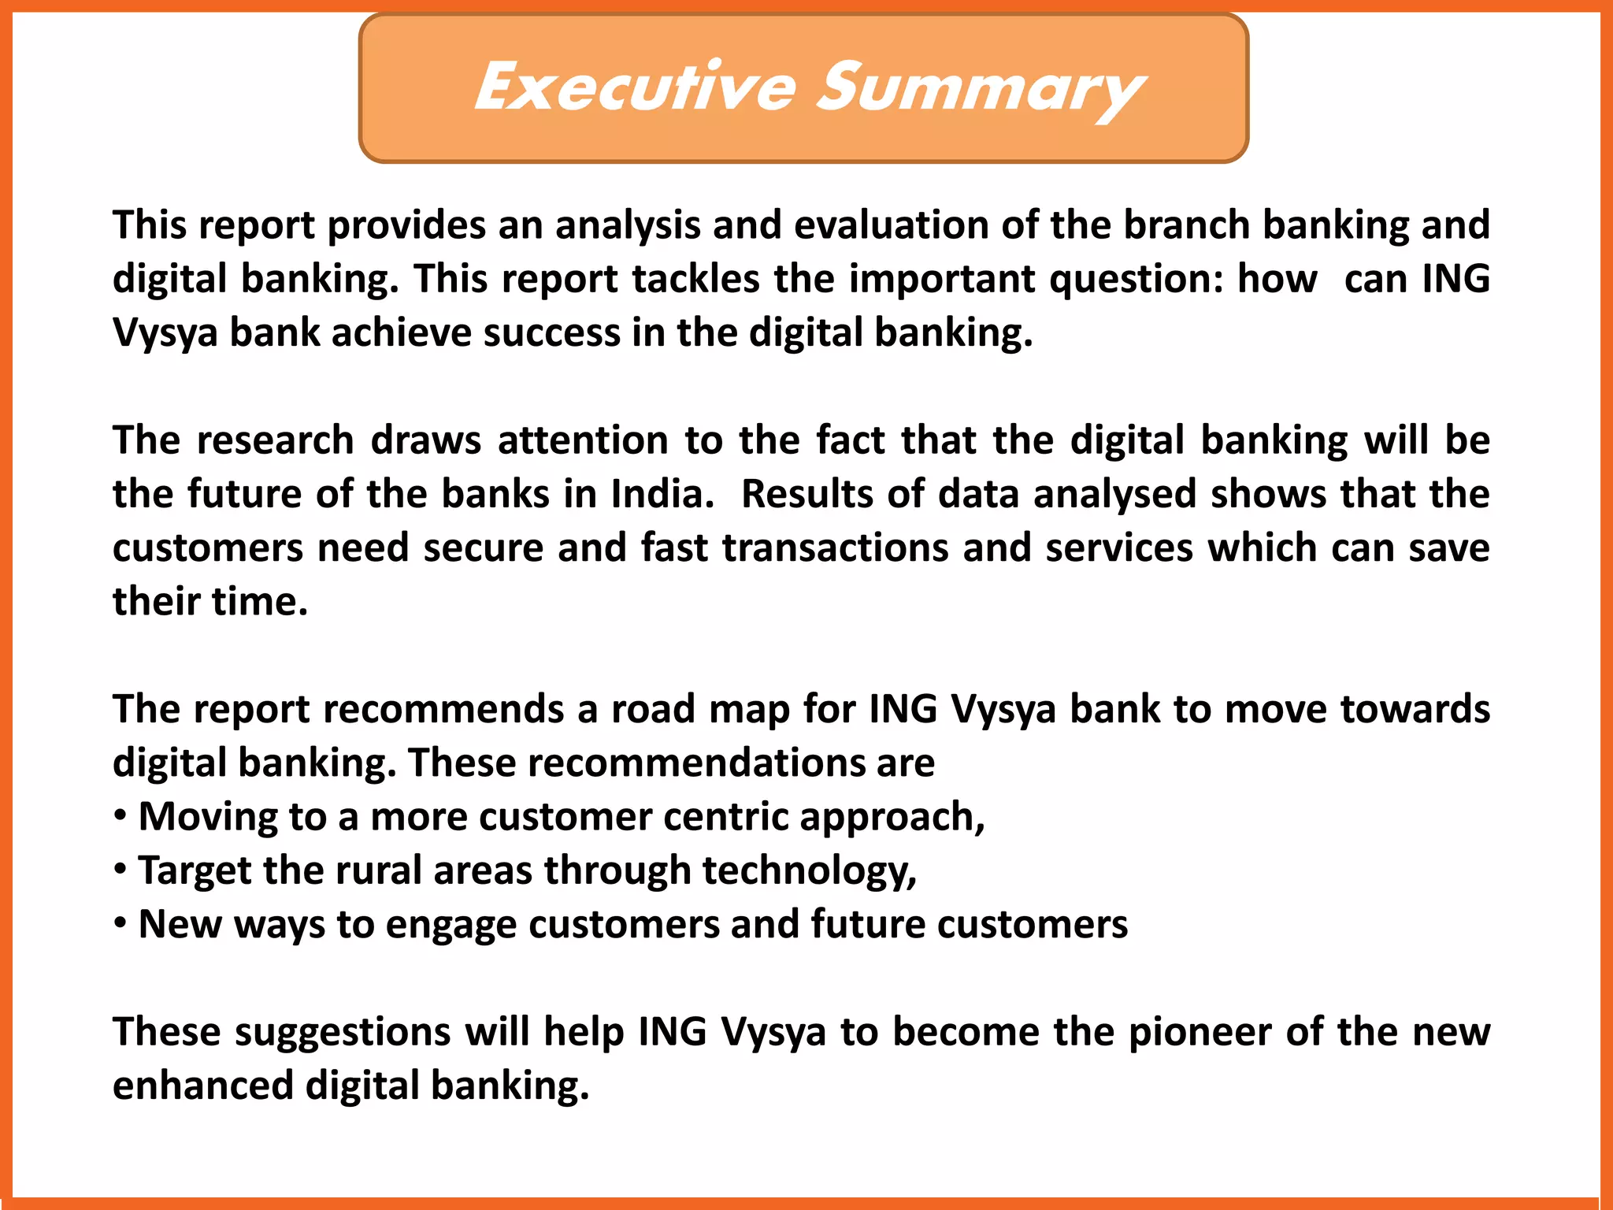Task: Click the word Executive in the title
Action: pyautogui.click(x=635, y=87)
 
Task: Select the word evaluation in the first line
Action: pyautogui.click(x=890, y=225)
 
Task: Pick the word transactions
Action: pyautogui.click(x=835, y=548)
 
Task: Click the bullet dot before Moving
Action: pyautogui.click(x=120, y=815)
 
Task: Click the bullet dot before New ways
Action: pyautogui.click(x=120, y=923)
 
